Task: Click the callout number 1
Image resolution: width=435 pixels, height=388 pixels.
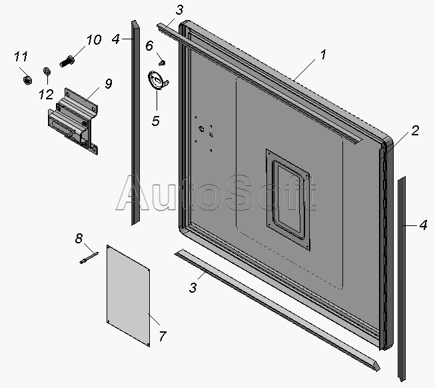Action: click(x=323, y=55)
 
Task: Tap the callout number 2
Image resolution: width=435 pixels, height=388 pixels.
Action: click(x=415, y=131)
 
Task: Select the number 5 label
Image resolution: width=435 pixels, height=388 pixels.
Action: click(x=156, y=121)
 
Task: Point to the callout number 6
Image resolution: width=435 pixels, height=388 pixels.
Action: click(x=149, y=45)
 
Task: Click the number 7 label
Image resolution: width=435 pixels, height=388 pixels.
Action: click(x=163, y=336)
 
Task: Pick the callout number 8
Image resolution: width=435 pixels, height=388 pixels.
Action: click(x=79, y=239)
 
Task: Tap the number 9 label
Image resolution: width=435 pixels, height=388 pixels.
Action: click(x=109, y=83)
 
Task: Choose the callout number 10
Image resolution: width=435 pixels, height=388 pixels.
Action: click(x=94, y=40)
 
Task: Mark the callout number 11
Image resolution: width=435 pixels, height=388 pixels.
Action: click(x=21, y=57)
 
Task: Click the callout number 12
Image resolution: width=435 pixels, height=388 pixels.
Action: click(x=46, y=95)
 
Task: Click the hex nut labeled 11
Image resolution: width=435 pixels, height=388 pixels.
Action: click(x=27, y=81)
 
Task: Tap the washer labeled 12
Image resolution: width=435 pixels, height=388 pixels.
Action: click(x=47, y=71)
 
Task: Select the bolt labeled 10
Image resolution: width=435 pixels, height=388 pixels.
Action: click(x=67, y=61)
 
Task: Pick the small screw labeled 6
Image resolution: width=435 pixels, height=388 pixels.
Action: click(x=162, y=63)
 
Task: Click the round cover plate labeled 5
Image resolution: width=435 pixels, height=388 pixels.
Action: click(x=157, y=81)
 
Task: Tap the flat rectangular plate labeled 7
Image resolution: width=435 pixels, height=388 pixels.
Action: click(x=129, y=296)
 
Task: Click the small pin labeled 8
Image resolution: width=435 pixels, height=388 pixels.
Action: click(x=89, y=257)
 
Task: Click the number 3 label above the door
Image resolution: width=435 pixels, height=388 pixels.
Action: click(x=179, y=10)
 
